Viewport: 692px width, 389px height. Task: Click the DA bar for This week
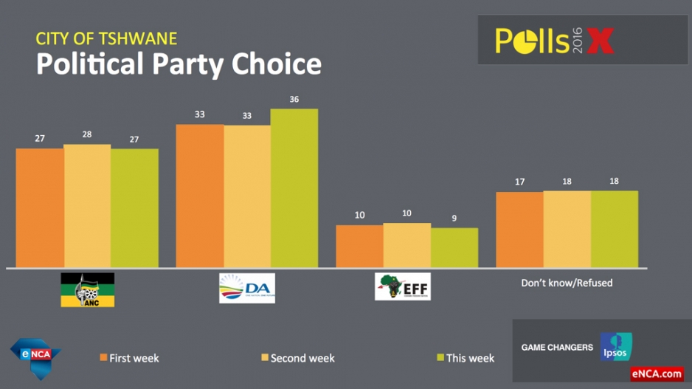[294, 188]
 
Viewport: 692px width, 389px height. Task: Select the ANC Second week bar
[87, 206]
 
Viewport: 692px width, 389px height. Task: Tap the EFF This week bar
[454, 248]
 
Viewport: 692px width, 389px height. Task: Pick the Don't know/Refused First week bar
[519, 230]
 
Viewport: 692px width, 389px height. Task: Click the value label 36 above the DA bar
[294, 100]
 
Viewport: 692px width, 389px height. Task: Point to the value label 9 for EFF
[454, 218]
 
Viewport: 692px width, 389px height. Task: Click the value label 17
[519, 182]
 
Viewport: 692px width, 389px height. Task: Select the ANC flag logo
[87, 289]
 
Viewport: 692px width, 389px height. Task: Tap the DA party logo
[247, 288]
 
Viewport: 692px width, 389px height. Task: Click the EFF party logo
[402, 286]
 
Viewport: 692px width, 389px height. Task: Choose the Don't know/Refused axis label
[567, 283]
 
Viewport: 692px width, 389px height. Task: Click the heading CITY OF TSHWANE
[106, 38]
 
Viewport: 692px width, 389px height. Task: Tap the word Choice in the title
[277, 64]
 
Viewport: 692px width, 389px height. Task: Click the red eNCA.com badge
[657, 374]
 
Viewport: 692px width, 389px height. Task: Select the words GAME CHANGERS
[557, 347]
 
